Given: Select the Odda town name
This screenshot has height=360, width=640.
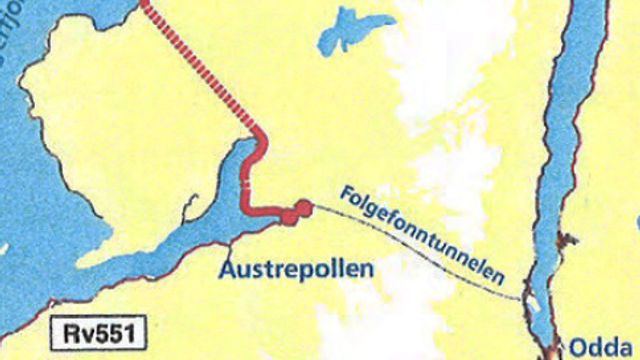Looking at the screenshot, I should (600, 347).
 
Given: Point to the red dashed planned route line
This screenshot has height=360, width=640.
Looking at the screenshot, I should (200, 70).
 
